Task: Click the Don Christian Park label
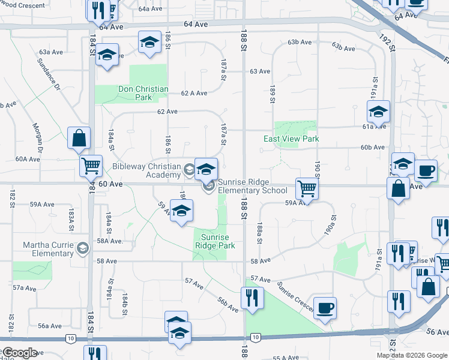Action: [x=143, y=93]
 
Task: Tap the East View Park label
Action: [x=291, y=139]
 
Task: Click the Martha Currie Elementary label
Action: [x=48, y=249]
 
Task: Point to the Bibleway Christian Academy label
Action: [x=146, y=170]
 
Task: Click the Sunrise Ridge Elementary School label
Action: [x=252, y=186]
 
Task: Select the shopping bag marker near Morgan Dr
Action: [x=79, y=139]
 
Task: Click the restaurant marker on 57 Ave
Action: [x=251, y=297]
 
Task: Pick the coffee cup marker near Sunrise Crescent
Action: [x=325, y=308]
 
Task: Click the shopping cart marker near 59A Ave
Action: [x=307, y=188]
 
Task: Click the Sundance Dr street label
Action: [x=49, y=74]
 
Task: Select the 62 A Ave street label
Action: [x=194, y=93]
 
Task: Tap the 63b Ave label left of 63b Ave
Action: [x=300, y=42]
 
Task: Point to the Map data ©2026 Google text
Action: [x=412, y=355]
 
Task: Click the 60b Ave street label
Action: [x=372, y=147]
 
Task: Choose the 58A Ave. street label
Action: [x=110, y=241]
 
